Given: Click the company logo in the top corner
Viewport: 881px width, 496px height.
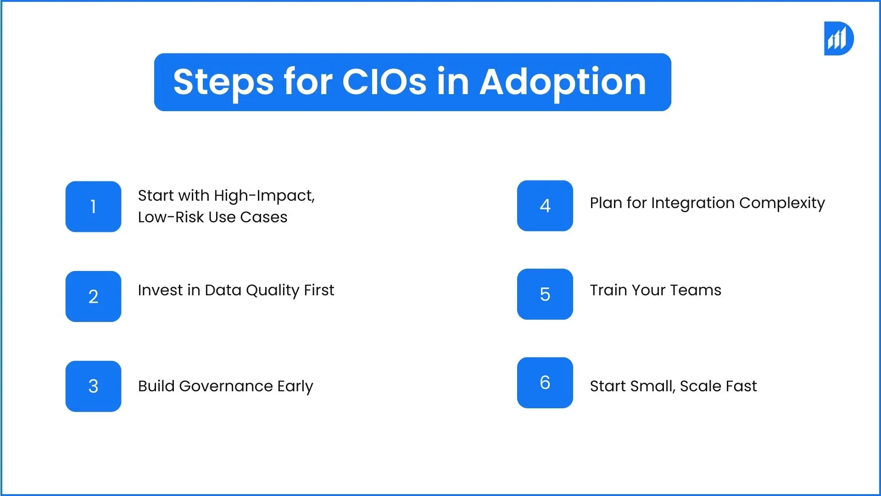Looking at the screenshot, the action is (839, 39).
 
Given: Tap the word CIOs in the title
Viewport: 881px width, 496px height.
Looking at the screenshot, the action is (384, 82).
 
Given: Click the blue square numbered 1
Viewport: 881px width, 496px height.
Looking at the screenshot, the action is (93, 207).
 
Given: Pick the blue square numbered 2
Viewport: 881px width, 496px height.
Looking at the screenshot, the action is (93, 296).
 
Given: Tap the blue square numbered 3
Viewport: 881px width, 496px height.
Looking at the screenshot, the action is (93, 386).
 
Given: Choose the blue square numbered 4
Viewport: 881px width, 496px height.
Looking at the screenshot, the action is (545, 206).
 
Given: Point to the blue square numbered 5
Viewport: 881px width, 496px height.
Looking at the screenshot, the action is (545, 294).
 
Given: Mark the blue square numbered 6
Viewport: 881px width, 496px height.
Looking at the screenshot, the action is (545, 383).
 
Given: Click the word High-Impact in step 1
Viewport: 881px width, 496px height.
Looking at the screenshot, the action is (264, 196).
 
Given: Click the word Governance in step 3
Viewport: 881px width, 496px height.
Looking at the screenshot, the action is (226, 387).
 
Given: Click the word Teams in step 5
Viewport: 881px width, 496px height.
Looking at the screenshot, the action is (696, 290).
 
